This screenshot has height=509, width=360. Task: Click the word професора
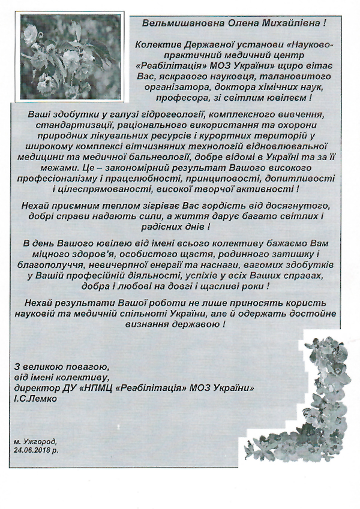click(182, 97)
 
